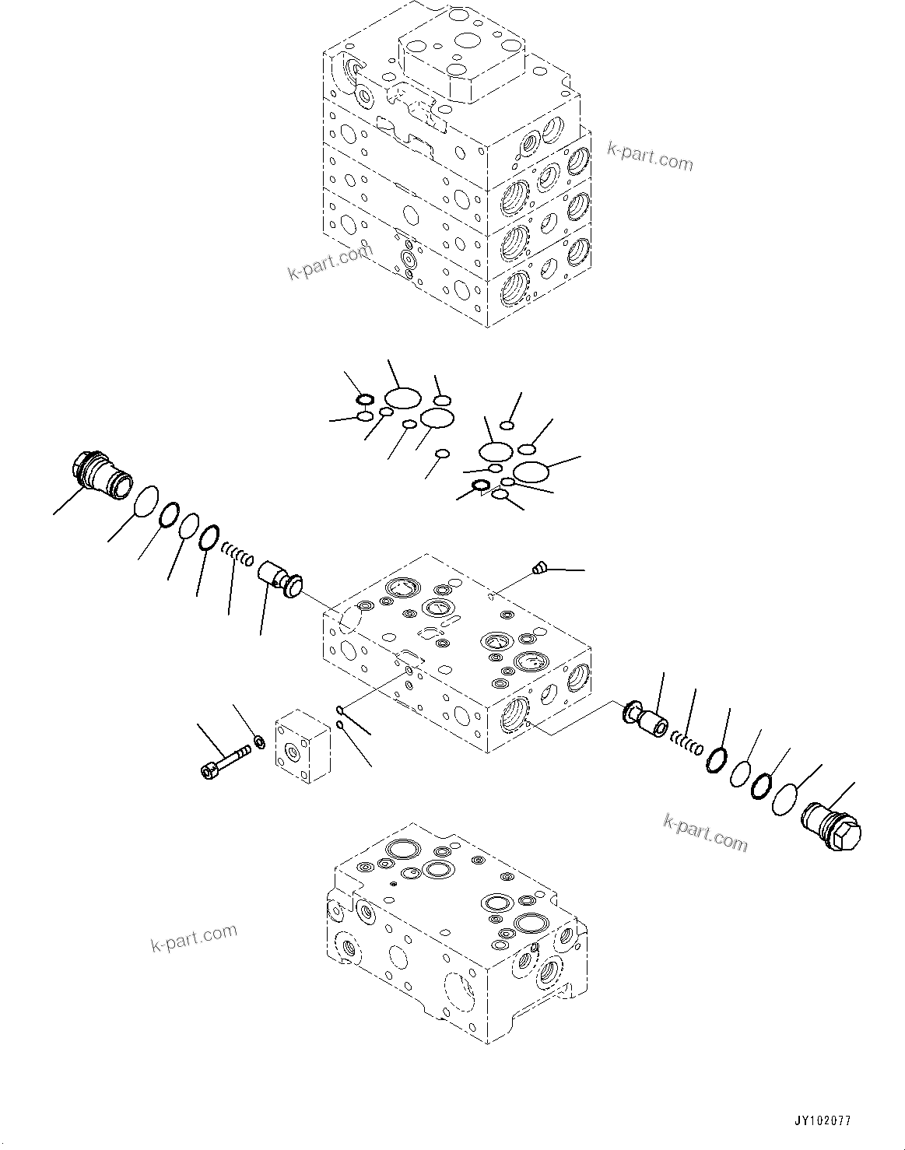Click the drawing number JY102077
click(823, 1121)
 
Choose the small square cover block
click(302, 746)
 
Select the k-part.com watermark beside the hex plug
click(705, 833)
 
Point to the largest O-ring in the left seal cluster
click(402, 398)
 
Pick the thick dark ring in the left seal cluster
click(364, 400)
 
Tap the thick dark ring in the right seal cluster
click(481, 486)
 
